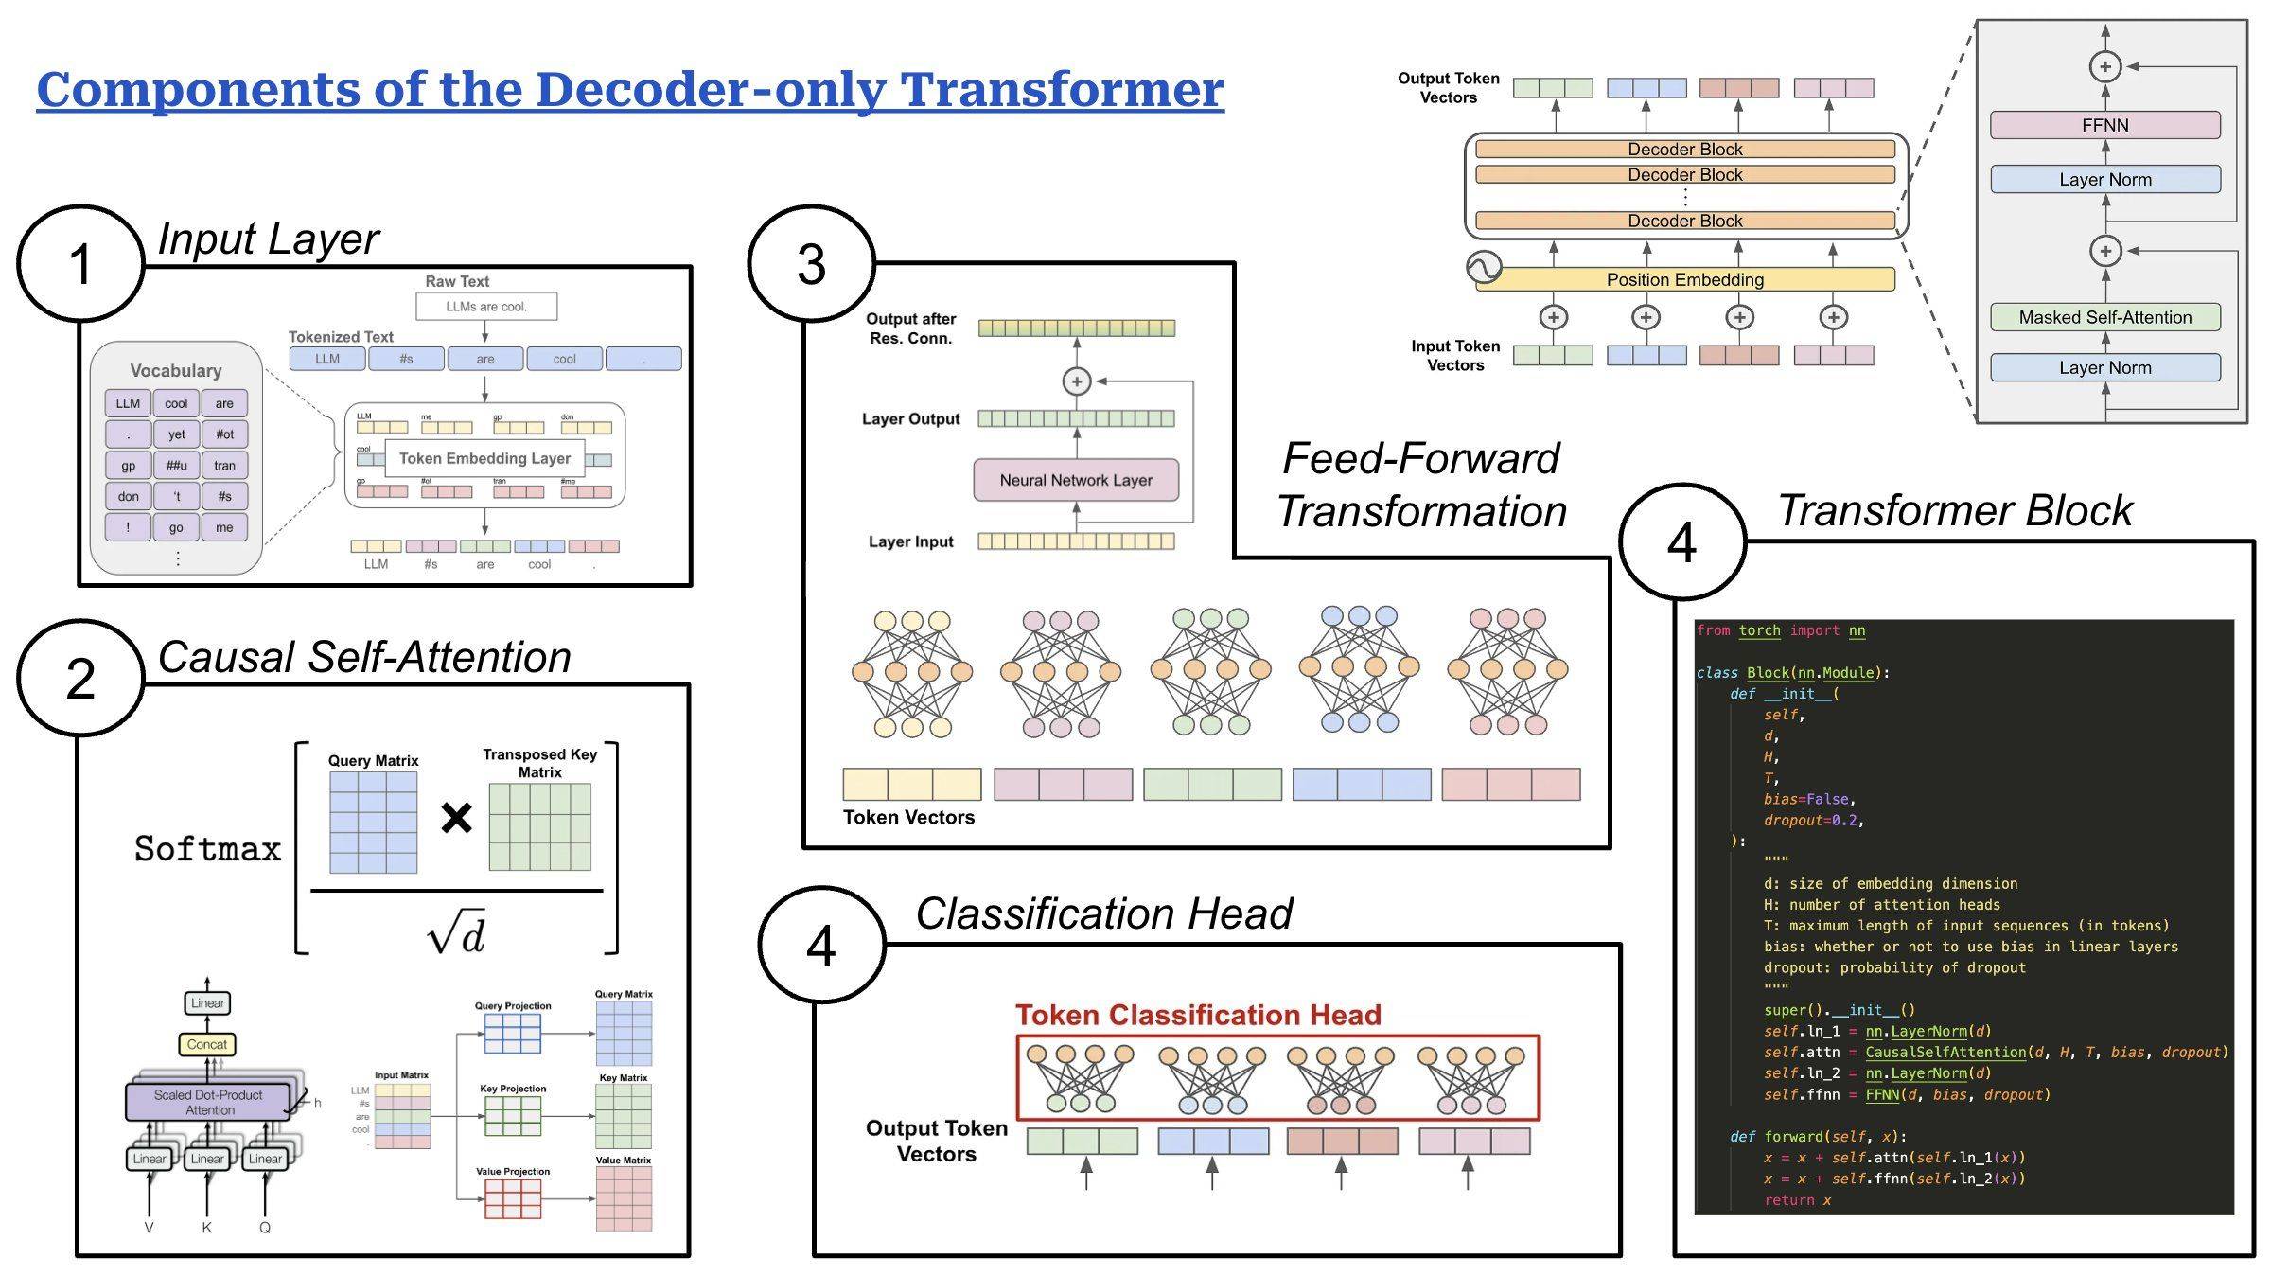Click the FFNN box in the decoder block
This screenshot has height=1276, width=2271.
point(2104,125)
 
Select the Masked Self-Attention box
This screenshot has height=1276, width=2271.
point(2104,317)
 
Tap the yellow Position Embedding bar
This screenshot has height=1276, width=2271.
point(1684,279)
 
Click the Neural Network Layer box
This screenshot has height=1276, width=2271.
point(1076,480)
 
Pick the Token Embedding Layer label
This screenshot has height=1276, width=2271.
point(484,458)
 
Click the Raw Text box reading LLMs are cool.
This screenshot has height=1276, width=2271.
point(486,307)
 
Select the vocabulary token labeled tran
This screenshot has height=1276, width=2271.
point(224,465)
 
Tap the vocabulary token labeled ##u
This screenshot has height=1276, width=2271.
point(176,465)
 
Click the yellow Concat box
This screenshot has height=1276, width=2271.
point(207,1044)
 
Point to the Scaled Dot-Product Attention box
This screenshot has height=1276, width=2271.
point(209,1102)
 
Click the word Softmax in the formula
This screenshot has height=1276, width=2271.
point(207,848)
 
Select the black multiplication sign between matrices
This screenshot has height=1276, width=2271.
point(456,817)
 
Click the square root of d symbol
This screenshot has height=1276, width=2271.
point(456,933)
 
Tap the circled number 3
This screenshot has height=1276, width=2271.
point(811,264)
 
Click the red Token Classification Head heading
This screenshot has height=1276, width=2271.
point(1198,1015)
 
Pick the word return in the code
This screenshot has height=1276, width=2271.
point(1788,1200)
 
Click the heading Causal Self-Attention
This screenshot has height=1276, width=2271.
point(364,657)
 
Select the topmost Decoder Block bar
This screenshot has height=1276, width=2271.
point(1684,150)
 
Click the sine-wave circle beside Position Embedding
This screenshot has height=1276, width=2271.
point(1484,268)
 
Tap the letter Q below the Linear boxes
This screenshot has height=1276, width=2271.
point(265,1228)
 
